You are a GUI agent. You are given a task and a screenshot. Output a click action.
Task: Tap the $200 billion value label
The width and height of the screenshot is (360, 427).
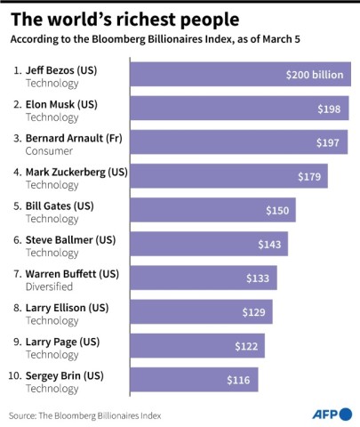[314, 75]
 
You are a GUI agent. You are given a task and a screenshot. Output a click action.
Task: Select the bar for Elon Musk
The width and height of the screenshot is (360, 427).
[239, 109]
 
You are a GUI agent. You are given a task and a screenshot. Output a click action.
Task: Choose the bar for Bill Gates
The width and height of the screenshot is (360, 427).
[212, 210]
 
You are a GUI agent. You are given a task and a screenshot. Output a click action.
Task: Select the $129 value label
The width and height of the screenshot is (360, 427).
[254, 312]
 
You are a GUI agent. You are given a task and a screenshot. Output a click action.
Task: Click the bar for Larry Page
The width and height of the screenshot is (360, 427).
[196, 346]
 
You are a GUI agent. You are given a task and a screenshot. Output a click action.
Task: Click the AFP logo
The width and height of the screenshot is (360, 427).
[332, 414]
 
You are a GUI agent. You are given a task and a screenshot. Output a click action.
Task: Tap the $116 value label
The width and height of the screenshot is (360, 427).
[239, 380]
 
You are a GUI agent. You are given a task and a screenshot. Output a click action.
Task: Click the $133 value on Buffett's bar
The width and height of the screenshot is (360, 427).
[258, 278]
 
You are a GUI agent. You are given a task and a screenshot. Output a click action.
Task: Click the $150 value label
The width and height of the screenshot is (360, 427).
[277, 210]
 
